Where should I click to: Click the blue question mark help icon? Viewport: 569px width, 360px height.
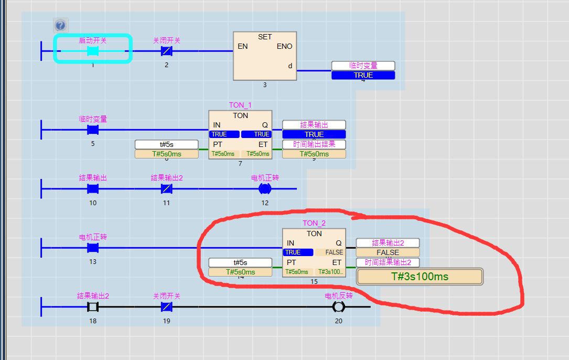point(61,25)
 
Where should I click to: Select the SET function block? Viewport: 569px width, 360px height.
point(265,56)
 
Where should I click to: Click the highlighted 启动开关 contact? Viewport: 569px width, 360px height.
point(93,51)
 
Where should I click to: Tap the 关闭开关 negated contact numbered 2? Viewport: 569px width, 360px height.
point(166,51)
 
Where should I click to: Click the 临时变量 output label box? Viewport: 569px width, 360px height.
point(363,66)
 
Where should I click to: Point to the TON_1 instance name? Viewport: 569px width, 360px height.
point(240,105)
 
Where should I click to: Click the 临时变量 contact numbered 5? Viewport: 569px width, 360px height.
point(93,130)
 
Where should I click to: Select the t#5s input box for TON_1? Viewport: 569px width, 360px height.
point(167,144)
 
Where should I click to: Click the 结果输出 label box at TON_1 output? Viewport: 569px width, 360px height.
point(314,125)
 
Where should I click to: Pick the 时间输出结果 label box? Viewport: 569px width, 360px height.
point(314,144)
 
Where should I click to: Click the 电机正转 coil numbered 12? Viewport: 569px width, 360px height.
point(265,188)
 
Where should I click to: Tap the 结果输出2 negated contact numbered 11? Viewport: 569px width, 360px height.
point(166,188)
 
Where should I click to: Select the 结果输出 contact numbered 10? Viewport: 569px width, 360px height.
point(93,188)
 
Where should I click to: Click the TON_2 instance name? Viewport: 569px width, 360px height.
point(314,223)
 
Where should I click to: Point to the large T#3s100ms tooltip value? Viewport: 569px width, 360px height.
point(420,277)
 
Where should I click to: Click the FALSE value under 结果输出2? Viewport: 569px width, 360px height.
point(388,252)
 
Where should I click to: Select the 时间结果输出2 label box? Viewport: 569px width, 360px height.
point(388,262)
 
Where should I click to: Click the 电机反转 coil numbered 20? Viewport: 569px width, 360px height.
point(338,306)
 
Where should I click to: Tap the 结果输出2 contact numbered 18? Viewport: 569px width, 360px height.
point(93,306)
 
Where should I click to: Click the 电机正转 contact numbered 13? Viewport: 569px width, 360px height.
point(93,247)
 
